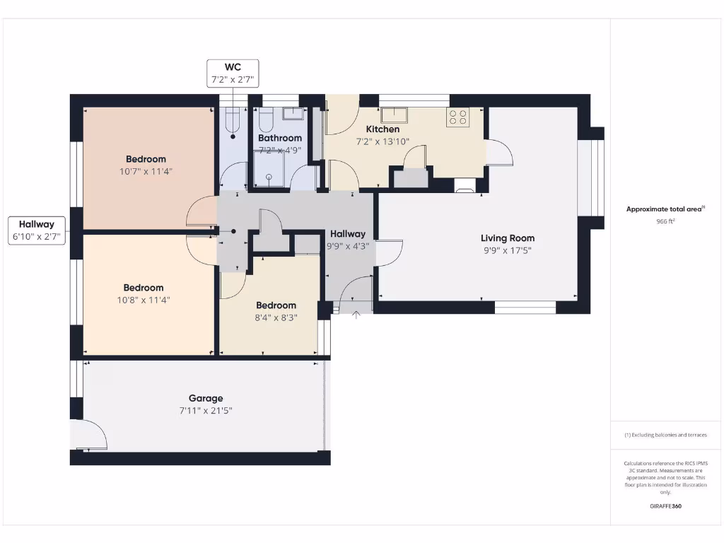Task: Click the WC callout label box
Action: point(233,74)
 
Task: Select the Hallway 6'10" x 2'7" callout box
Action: point(37,230)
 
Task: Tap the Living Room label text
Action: point(508,238)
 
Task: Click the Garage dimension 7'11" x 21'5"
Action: point(206,411)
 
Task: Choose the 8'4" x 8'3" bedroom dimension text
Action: point(276,318)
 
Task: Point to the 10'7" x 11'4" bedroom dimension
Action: point(146,171)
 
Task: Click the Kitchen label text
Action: point(383,129)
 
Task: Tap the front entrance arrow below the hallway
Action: point(356,315)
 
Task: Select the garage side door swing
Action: point(90,435)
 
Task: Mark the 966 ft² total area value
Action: point(665,221)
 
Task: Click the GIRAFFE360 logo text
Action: point(665,506)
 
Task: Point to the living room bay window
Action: point(592,178)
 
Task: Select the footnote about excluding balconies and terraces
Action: point(665,435)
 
